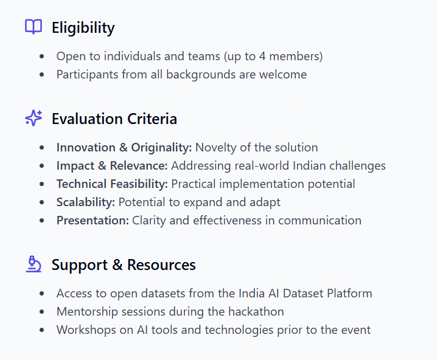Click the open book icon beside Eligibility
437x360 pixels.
[x=33, y=27]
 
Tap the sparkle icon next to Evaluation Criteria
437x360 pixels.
[x=33, y=118]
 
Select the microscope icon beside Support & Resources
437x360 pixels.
[x=33, y=264]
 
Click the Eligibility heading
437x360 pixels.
[x=83, y=28]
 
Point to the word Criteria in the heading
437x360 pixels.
[x=152, y=119]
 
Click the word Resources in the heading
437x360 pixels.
[x=161, y=265]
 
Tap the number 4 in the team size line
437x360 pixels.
[x=262, y=56]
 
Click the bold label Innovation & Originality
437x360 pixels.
[x=124, y=148]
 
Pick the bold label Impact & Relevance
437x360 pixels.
[x=112, y=165]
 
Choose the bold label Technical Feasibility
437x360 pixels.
[x=112, y=184]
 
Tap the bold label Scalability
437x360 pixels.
[x=86, y=202]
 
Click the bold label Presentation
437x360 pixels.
[x=93, y=221]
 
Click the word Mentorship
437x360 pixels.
[x=87, y=312]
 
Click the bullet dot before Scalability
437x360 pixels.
[x=42, y=202]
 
